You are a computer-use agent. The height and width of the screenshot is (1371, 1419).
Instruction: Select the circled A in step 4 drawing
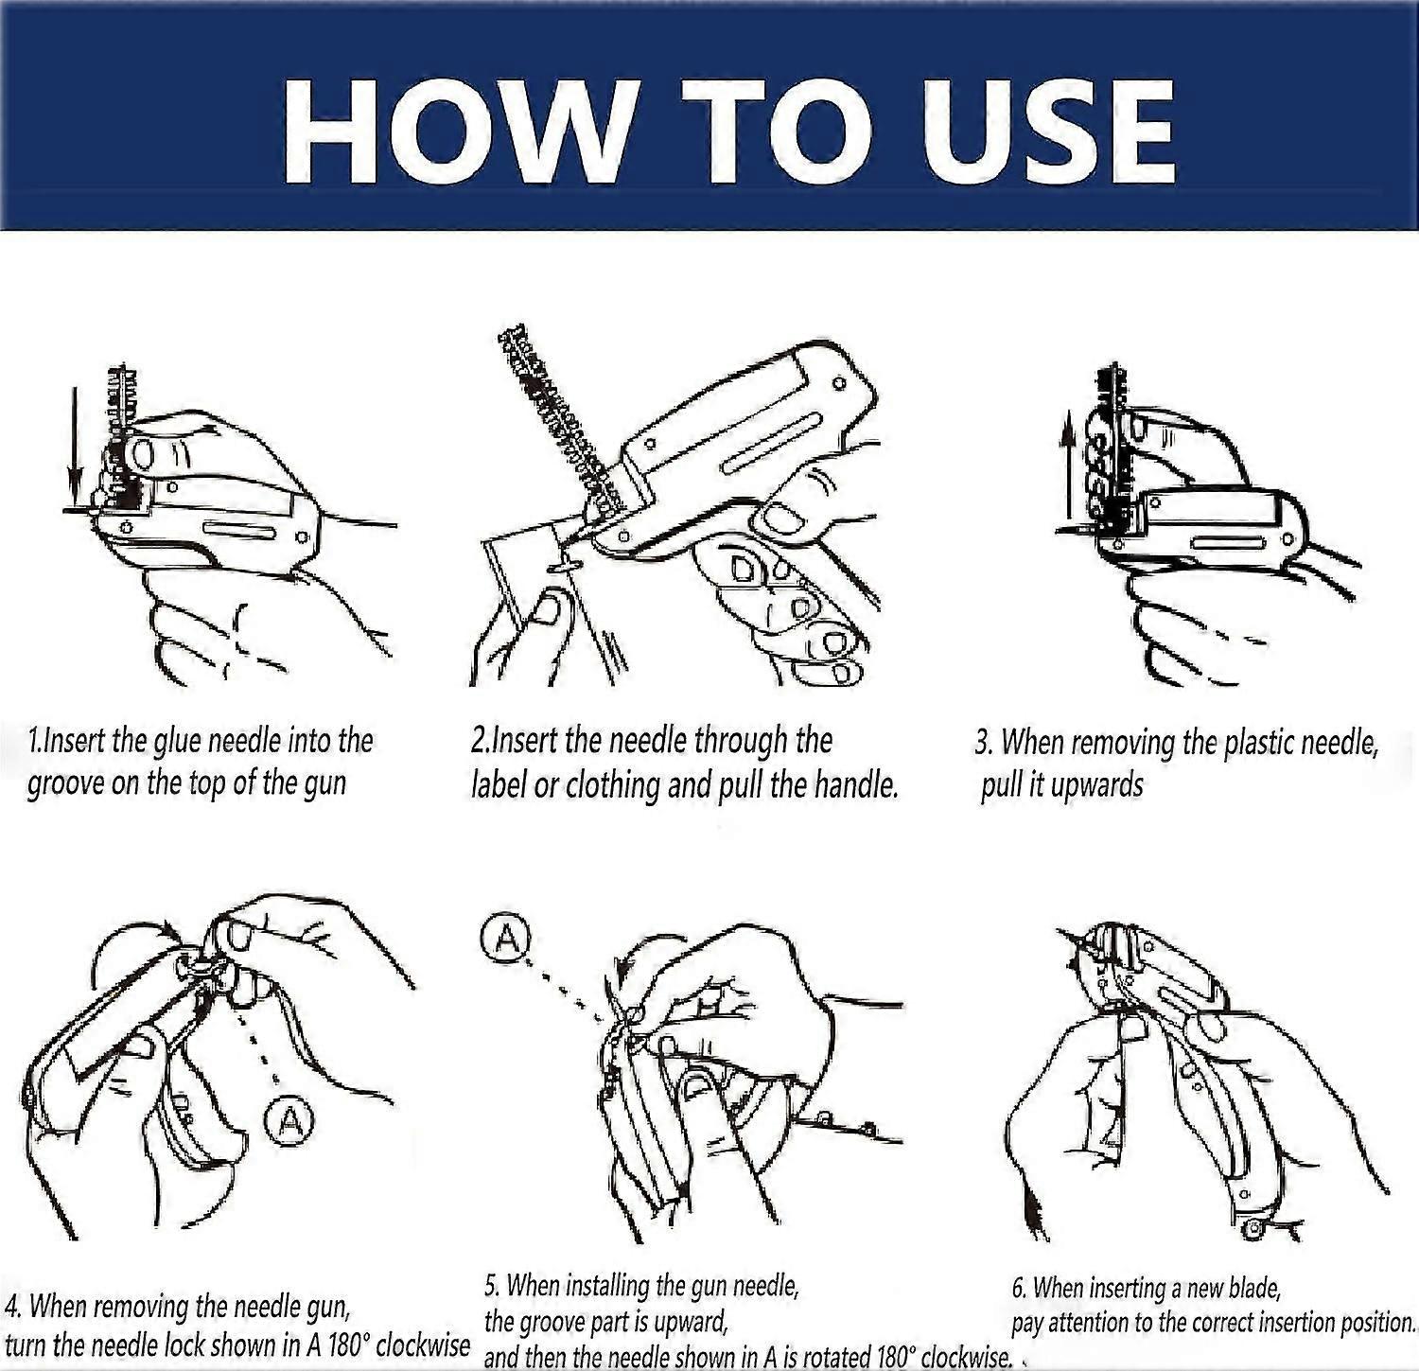point(289,1121)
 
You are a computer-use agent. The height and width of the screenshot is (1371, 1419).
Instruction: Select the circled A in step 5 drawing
point(507,938)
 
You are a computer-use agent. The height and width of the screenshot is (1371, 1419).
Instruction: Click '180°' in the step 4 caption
point(337,1345)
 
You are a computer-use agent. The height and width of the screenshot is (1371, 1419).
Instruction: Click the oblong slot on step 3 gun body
point(1229,543)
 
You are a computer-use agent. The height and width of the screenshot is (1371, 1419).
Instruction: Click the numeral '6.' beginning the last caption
point(1019,1288)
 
